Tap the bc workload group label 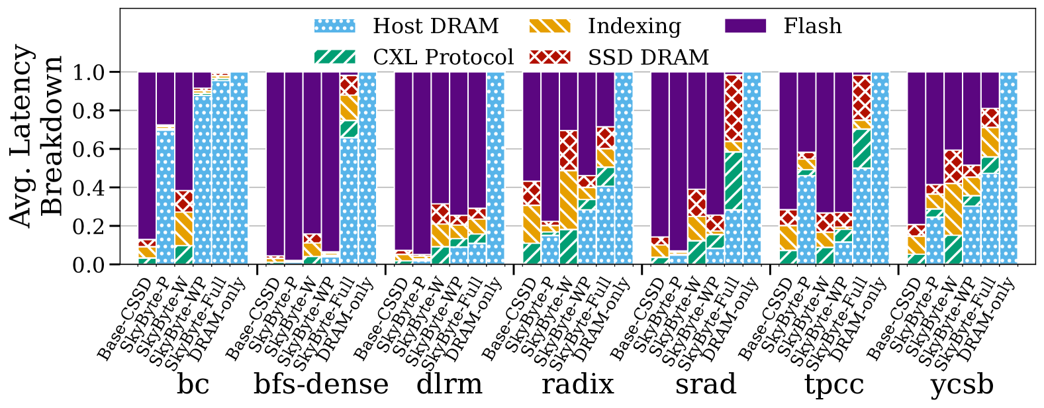point(193,384)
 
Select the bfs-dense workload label point(321,384)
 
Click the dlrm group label point(450,384)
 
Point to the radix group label point(578,384)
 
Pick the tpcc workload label point(834,384)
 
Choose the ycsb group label point(962,384)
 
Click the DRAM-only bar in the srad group point(752,168)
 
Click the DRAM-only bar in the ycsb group point(1008,168)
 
